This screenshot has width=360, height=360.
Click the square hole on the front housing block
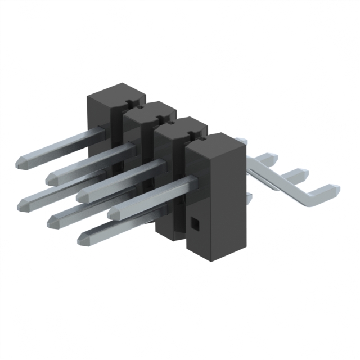click(x=195, y=225)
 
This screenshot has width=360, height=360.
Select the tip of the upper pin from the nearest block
click(x=115, y=213)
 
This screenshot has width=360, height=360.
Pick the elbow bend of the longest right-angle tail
click(x=308, y=199)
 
